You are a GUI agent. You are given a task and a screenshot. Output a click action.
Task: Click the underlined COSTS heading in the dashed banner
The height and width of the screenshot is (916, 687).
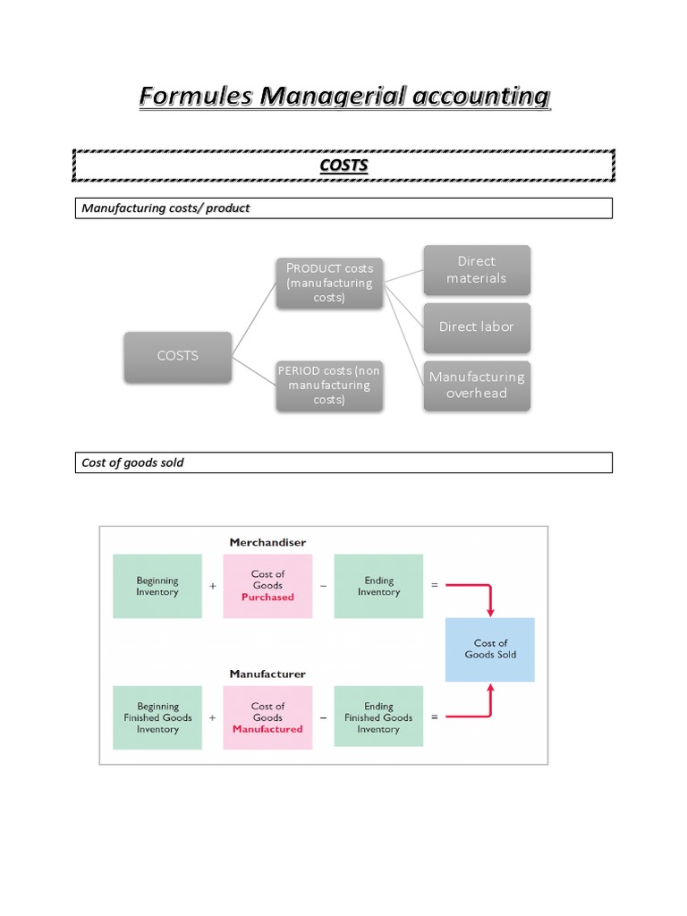tap(343, 165)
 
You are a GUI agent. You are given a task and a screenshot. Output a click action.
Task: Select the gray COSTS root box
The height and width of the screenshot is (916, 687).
tap(178, 356)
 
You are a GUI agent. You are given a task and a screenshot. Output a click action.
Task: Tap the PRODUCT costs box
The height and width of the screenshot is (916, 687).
tap(329, 283)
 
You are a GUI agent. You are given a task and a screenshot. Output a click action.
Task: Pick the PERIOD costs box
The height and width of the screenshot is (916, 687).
tap(329, 386)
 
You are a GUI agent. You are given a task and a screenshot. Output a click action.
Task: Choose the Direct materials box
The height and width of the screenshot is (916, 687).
tap(476, 270)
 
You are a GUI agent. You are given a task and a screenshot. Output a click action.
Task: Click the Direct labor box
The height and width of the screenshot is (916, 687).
tap(476, 327)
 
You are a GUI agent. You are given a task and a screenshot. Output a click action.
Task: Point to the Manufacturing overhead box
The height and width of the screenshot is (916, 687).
tap(477, 386)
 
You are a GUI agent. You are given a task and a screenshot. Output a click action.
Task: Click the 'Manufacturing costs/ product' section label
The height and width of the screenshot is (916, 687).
tap(166, 208)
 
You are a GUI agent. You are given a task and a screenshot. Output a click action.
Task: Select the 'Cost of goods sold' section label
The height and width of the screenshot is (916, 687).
tap(133, 462)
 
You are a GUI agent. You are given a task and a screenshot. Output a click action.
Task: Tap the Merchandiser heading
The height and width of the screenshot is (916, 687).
tap(267, 542)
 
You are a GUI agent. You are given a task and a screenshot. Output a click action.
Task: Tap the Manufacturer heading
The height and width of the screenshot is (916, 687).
tap(267, 674)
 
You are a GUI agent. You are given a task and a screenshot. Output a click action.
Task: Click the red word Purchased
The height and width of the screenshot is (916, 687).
tap(267, 597)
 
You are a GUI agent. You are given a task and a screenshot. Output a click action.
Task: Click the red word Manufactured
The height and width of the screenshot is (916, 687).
tap(267, 729)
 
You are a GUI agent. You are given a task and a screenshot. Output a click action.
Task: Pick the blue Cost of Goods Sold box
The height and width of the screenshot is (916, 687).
tap(490, 649)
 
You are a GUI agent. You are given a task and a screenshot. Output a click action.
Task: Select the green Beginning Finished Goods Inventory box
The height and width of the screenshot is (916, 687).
tap(157, 717)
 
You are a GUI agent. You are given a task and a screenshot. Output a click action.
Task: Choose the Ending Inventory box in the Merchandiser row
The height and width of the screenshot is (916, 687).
tap(378, 586)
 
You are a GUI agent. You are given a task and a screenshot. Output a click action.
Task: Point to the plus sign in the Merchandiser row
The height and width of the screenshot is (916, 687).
tap(213, 586)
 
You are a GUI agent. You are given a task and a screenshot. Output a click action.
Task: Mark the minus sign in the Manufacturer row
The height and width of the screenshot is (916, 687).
tap(323, 717)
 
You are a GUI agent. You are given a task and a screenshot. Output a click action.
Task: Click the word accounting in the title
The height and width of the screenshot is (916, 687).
tap(481, 96)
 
